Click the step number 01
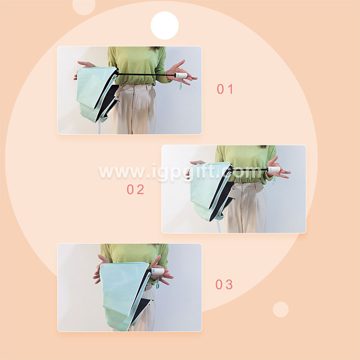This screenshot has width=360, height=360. click(225, 89)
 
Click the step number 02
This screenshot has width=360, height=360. click(135, 190)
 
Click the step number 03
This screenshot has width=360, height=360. click(224, 285)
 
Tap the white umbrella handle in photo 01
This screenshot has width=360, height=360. click(180, 75)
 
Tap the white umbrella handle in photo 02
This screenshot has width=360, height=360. click(274, 169)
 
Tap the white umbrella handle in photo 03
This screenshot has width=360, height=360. click(158, 271)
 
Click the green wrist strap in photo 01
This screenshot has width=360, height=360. click(180, 85)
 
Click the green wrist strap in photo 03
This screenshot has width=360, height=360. click(158, 284)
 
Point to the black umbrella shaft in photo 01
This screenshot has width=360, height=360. click(146, 74)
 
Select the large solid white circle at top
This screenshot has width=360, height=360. click(164, 25)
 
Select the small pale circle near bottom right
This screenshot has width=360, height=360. click(281, 310)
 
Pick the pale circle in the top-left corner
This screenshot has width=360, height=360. click(84, 6)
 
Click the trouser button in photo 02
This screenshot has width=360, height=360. click(244, 186)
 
